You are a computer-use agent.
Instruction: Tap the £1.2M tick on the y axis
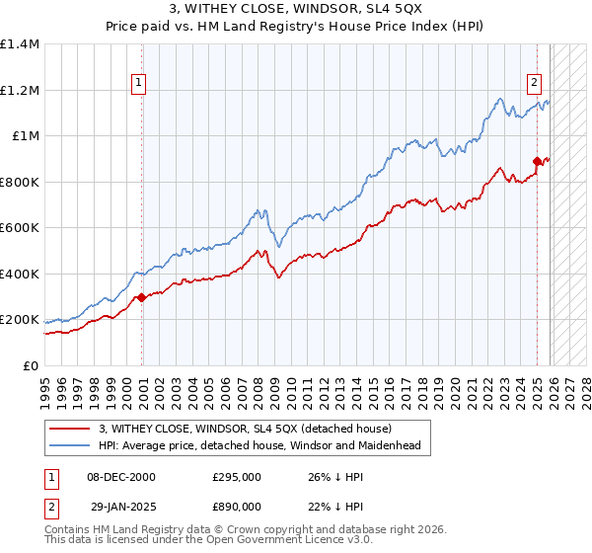click(x=20, y=90)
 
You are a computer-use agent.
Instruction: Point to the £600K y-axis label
click(x=20, y=228)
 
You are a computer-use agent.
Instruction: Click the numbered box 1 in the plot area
click(x=139, y=84)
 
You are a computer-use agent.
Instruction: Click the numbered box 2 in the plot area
click(x=534, y=84)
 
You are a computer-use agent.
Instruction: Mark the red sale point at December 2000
click(x=141, y=297)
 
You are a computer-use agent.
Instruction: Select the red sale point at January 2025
click(x=537, y=161)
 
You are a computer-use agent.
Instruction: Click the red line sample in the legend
click(x=70, y=429)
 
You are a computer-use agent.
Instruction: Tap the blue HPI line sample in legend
click(x=70, y=446)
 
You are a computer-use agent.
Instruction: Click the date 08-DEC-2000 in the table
click(x=121, y=477)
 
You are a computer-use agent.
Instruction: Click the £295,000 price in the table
click(x=237, y=477)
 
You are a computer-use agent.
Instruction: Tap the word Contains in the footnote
click(x=68, y=531)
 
